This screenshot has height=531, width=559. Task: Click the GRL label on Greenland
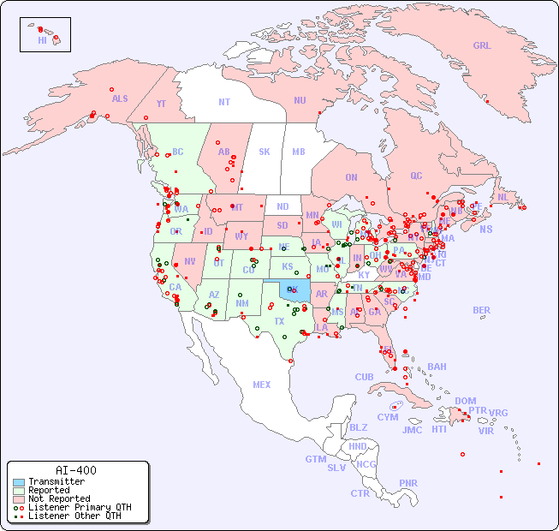tap(482, 46)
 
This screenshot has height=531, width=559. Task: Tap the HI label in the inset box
tap(42, 40)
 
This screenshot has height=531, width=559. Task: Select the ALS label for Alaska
tap(120, 98)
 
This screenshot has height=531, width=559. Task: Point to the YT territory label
tap(161, 103)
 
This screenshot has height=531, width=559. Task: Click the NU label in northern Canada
tap(300, 100)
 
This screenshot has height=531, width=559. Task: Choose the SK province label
tap(265, 152)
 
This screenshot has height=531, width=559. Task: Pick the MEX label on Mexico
tap(262, 385)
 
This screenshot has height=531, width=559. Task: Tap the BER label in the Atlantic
tap(482, 310)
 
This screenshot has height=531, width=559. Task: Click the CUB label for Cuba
tap(364, 377)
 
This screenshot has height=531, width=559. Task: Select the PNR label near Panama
tap(408, 483)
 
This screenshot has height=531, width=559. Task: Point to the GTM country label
tap(315, 459)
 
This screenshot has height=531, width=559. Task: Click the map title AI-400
tap(76, 470)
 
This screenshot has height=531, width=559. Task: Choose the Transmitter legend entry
tap(56, 481)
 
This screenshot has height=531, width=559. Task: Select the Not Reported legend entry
tap(59, 498)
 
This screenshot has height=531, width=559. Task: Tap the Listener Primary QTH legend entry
tap(80, 507)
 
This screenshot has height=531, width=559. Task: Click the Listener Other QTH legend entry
tap(74, 516)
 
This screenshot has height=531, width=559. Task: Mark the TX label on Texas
tap(279, 321)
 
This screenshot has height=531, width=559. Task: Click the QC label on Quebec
tap(416, 176)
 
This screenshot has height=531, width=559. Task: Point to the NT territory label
tap(224, 101)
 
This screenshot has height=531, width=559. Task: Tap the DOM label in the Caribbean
tap(465, 401)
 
